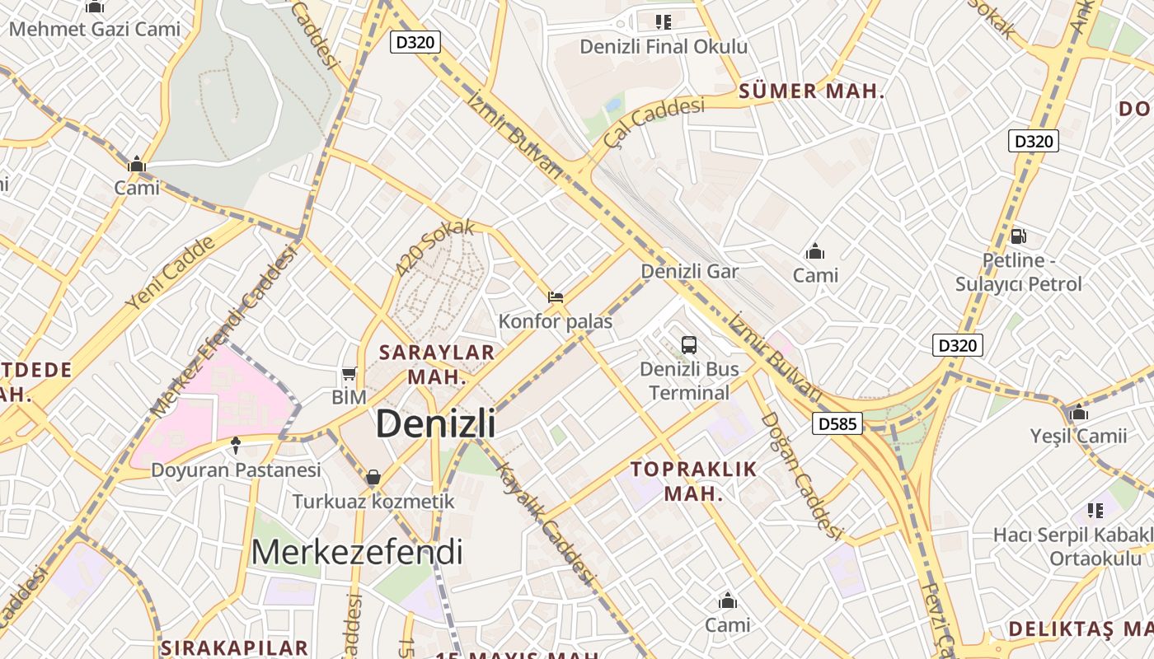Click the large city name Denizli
[435, 423]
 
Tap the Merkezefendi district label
[356, 552]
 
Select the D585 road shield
[837, 424]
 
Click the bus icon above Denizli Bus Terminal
[689, 345]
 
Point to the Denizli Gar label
[690, 271]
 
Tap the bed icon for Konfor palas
[556, 297]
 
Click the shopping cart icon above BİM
[349, 374]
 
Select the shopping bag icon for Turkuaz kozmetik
[373, 477]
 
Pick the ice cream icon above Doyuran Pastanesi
[236, 446]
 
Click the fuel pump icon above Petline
[1019, 236]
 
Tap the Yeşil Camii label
[1078, 436]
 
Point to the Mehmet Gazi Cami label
[95, 29]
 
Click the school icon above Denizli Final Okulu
[664, 22]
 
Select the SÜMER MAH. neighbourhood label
[812, 91]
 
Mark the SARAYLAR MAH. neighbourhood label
[437, 364]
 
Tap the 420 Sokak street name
[434, 247]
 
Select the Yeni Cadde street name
[170, 273]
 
